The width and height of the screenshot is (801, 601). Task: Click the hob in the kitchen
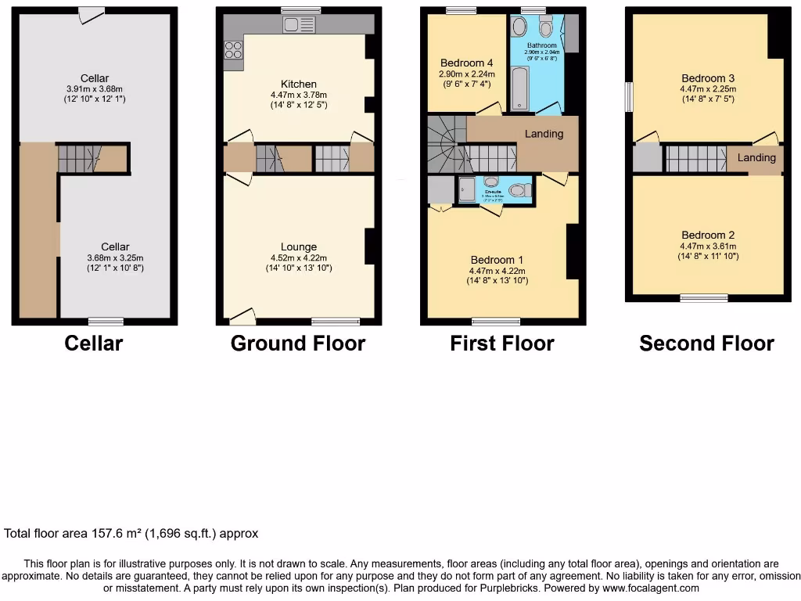[234, 50]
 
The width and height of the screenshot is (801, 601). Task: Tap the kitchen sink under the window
[295, 25]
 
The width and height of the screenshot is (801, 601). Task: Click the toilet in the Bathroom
[546, 27]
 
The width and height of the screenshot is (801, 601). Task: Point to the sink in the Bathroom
[519, 28]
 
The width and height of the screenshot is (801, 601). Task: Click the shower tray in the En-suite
[466, 189]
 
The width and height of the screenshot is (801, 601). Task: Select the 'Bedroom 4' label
[466, 63]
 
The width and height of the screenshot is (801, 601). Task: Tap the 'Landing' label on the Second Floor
[756, 158]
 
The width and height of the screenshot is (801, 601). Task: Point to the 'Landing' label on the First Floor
[544, 134]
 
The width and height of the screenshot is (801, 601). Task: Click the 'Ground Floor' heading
[298, 344]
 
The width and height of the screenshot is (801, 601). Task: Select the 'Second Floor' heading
[706, 344]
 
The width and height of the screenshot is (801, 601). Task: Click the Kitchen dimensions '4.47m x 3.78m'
[299, 95]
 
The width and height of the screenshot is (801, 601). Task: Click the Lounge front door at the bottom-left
[243, 316]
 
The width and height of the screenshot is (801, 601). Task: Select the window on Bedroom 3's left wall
[628, 97]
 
